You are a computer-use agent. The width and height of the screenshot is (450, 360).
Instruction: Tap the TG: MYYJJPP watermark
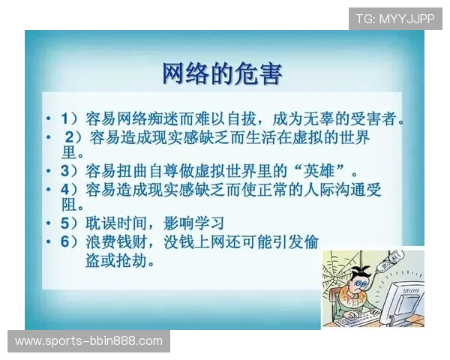(x=395, y=18)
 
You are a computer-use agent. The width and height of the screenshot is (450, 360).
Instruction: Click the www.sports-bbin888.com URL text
(x=89, y=341)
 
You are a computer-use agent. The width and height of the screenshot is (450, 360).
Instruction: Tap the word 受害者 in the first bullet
(x=376, y=118)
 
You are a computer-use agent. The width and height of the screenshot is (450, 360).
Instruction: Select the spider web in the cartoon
(x=341, y=266)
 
